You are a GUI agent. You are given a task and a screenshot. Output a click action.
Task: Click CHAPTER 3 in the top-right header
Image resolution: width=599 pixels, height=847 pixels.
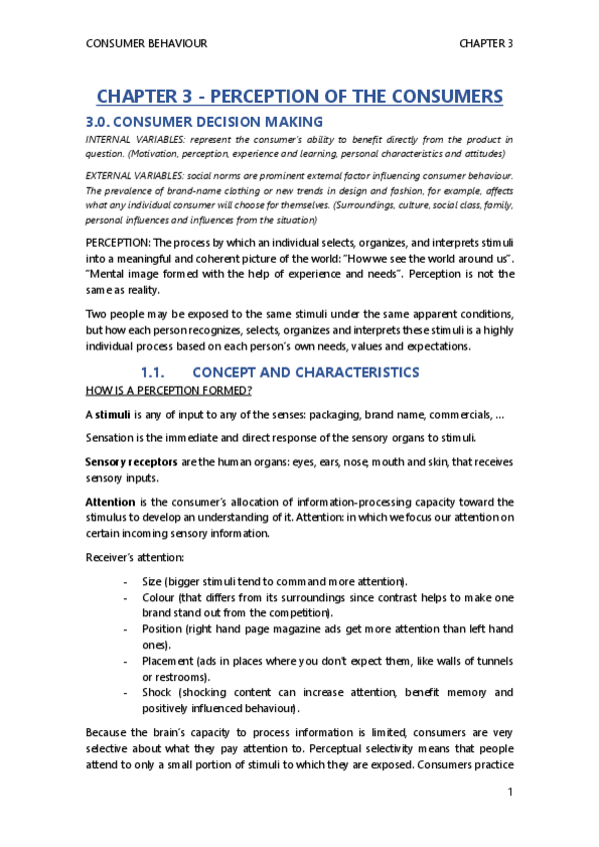pos(486,44)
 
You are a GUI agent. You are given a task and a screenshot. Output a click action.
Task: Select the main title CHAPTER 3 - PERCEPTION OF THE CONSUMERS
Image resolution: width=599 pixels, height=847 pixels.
pos(299,97)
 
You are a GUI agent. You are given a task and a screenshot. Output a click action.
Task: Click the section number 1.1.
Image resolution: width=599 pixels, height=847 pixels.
pos(160,372)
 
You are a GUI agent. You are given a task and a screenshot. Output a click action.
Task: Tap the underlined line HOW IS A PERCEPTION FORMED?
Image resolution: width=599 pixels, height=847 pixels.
pos(168,390)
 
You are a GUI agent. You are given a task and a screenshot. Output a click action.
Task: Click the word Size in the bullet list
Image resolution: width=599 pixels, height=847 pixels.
pos(156,580)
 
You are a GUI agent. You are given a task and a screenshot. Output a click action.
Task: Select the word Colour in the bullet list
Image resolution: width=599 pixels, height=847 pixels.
pos(164,598)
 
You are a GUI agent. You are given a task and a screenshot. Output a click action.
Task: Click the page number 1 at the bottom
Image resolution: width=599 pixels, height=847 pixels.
pos(510,794)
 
